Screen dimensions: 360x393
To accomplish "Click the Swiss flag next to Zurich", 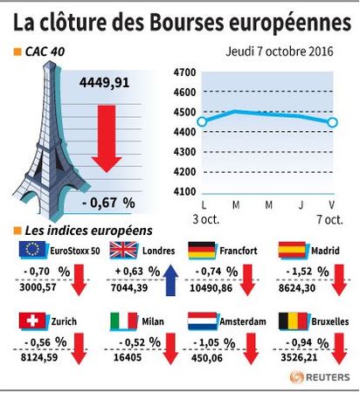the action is [x=32, y=321].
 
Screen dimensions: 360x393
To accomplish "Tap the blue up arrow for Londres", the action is [x=170, y=280].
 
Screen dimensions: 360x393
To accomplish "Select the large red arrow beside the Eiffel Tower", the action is [x=107, y=139].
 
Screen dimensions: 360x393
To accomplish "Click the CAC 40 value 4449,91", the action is [x=104, y=83].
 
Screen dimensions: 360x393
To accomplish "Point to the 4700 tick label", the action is [x=184, y=72].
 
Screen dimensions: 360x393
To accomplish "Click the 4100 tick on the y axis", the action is [x=184, y=192].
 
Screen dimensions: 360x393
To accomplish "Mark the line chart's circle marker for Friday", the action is [x=332, y=122].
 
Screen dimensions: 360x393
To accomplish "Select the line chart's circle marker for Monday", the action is [x=203, y=121].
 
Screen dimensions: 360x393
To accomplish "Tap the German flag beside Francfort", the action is [x=202, y=251].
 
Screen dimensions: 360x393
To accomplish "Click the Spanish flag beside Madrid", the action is [x=293, y=251].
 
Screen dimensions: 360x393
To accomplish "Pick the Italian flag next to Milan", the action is [x=124, y=321].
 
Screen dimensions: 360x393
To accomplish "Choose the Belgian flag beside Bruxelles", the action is [x=294, y=321].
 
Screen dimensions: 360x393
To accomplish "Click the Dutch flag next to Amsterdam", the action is [x=203, y=321].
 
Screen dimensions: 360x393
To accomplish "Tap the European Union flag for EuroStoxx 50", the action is [x=32, y=250].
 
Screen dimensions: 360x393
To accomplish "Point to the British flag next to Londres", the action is [x=123, y=250].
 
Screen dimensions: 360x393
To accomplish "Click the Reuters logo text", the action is [x=328, y=377].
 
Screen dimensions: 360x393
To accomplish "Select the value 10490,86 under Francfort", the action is [x=211, y=288].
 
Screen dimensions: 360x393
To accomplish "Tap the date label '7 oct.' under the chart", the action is [x=329, y=219].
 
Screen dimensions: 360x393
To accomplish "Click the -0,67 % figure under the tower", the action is [x=108, y=203].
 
